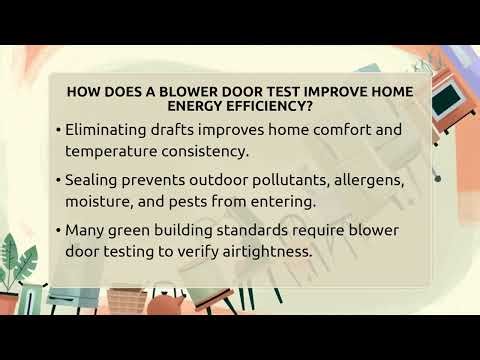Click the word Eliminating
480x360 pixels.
point(109,129)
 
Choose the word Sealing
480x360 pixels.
point(95,180)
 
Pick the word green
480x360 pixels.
point(138,230)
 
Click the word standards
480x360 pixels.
point(264,230)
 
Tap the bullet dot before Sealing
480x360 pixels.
point(58,180)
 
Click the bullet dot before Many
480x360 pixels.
point(58,230)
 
